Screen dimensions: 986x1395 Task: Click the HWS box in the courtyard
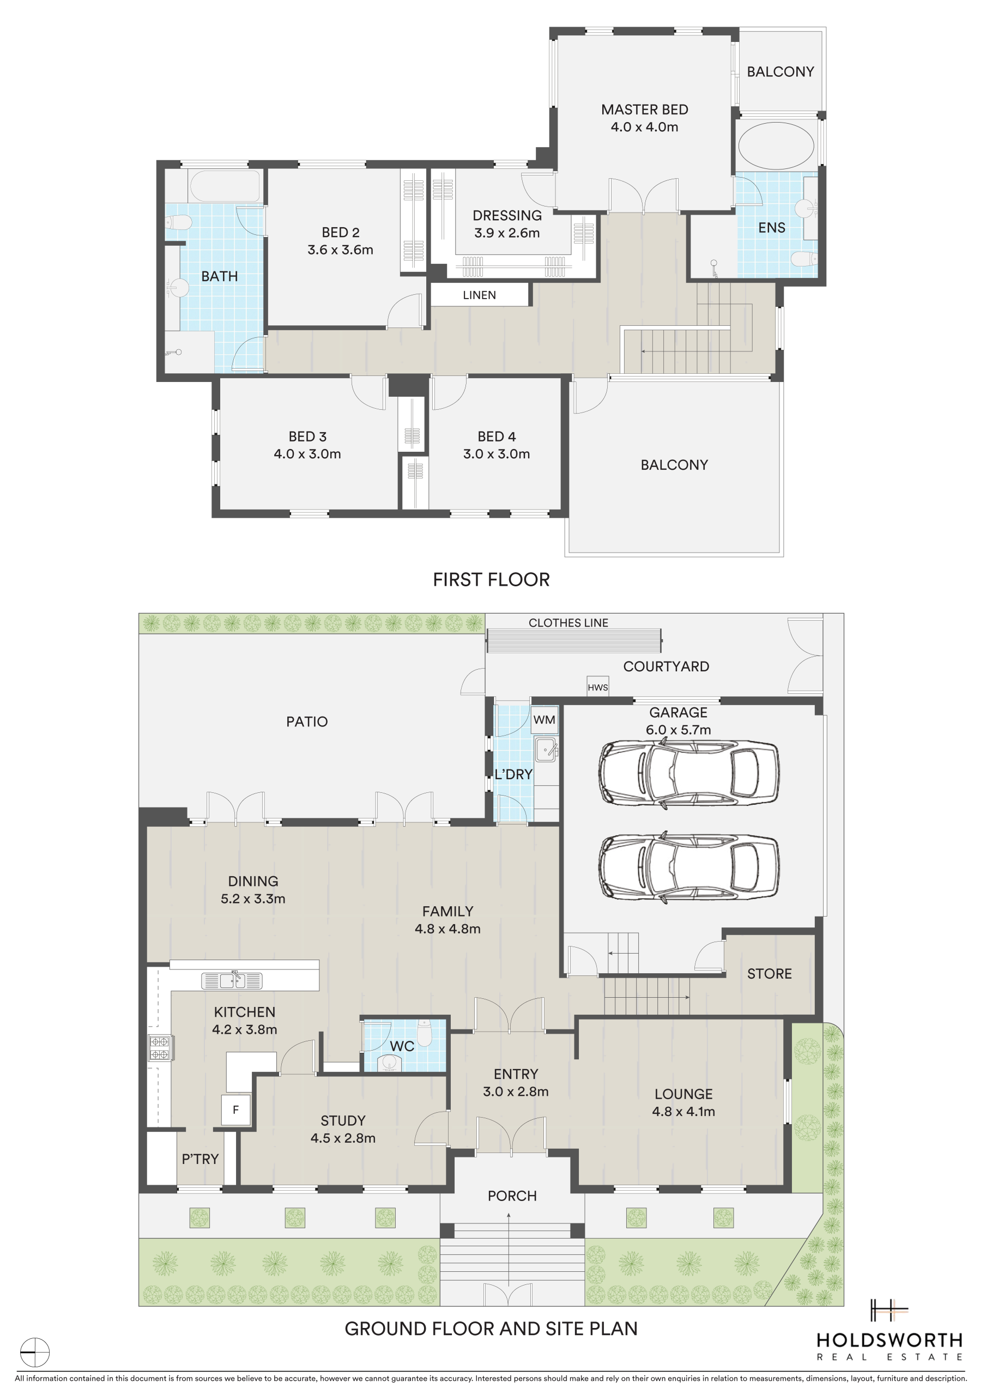(x=597, y=686)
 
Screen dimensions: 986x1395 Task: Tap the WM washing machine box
(x=544, y=720)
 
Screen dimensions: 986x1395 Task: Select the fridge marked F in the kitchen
(x=236, y=1110)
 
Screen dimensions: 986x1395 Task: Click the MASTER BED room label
(x=644, y=110)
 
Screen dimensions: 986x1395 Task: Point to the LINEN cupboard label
(x=479, y=295)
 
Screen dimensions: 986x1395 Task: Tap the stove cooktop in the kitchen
(x=159, y=1047)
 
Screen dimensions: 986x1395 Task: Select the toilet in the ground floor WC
(x=425, y=1032)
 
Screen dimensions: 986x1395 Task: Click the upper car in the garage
(x=688, y=773)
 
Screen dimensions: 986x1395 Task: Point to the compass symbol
(x=35, y=1352)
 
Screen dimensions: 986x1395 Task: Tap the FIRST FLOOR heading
(x=491, y=580)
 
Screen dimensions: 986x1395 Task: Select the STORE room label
(x=769, y=974)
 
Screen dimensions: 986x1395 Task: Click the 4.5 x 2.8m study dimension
(x=343, y=1138)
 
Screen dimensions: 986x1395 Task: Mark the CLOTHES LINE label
(x=568, y=623)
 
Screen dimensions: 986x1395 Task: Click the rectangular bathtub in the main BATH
(x=225, y=186)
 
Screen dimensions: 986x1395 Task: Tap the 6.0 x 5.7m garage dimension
(x=679, y=730)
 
